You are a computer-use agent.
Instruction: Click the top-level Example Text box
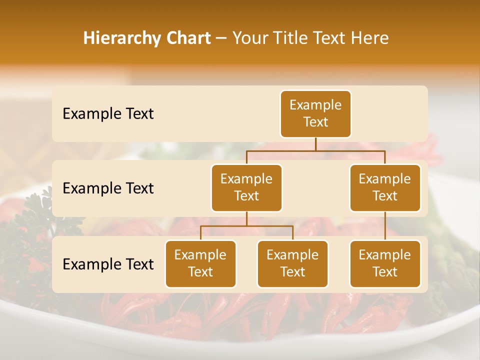pos(315,113)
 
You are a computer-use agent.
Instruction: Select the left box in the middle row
pos(246,187)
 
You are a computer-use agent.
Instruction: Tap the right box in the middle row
pos(385,187)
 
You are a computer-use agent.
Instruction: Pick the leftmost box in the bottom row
pos(200,263)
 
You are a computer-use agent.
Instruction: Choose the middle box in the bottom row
pos(292,263)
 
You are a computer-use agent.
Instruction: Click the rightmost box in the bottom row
pos(385,263)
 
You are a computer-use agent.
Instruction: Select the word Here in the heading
pos(370,38)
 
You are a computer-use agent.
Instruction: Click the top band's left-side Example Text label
pos(108,114)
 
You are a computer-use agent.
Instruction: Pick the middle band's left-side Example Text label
pos(108,188)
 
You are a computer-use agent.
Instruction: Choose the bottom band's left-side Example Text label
pos(108,264)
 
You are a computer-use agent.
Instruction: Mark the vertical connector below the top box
pos(315,144)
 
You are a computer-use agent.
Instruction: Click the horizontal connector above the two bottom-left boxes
pos(246,226)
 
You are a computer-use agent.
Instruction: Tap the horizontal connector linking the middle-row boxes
pos(315,150)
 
